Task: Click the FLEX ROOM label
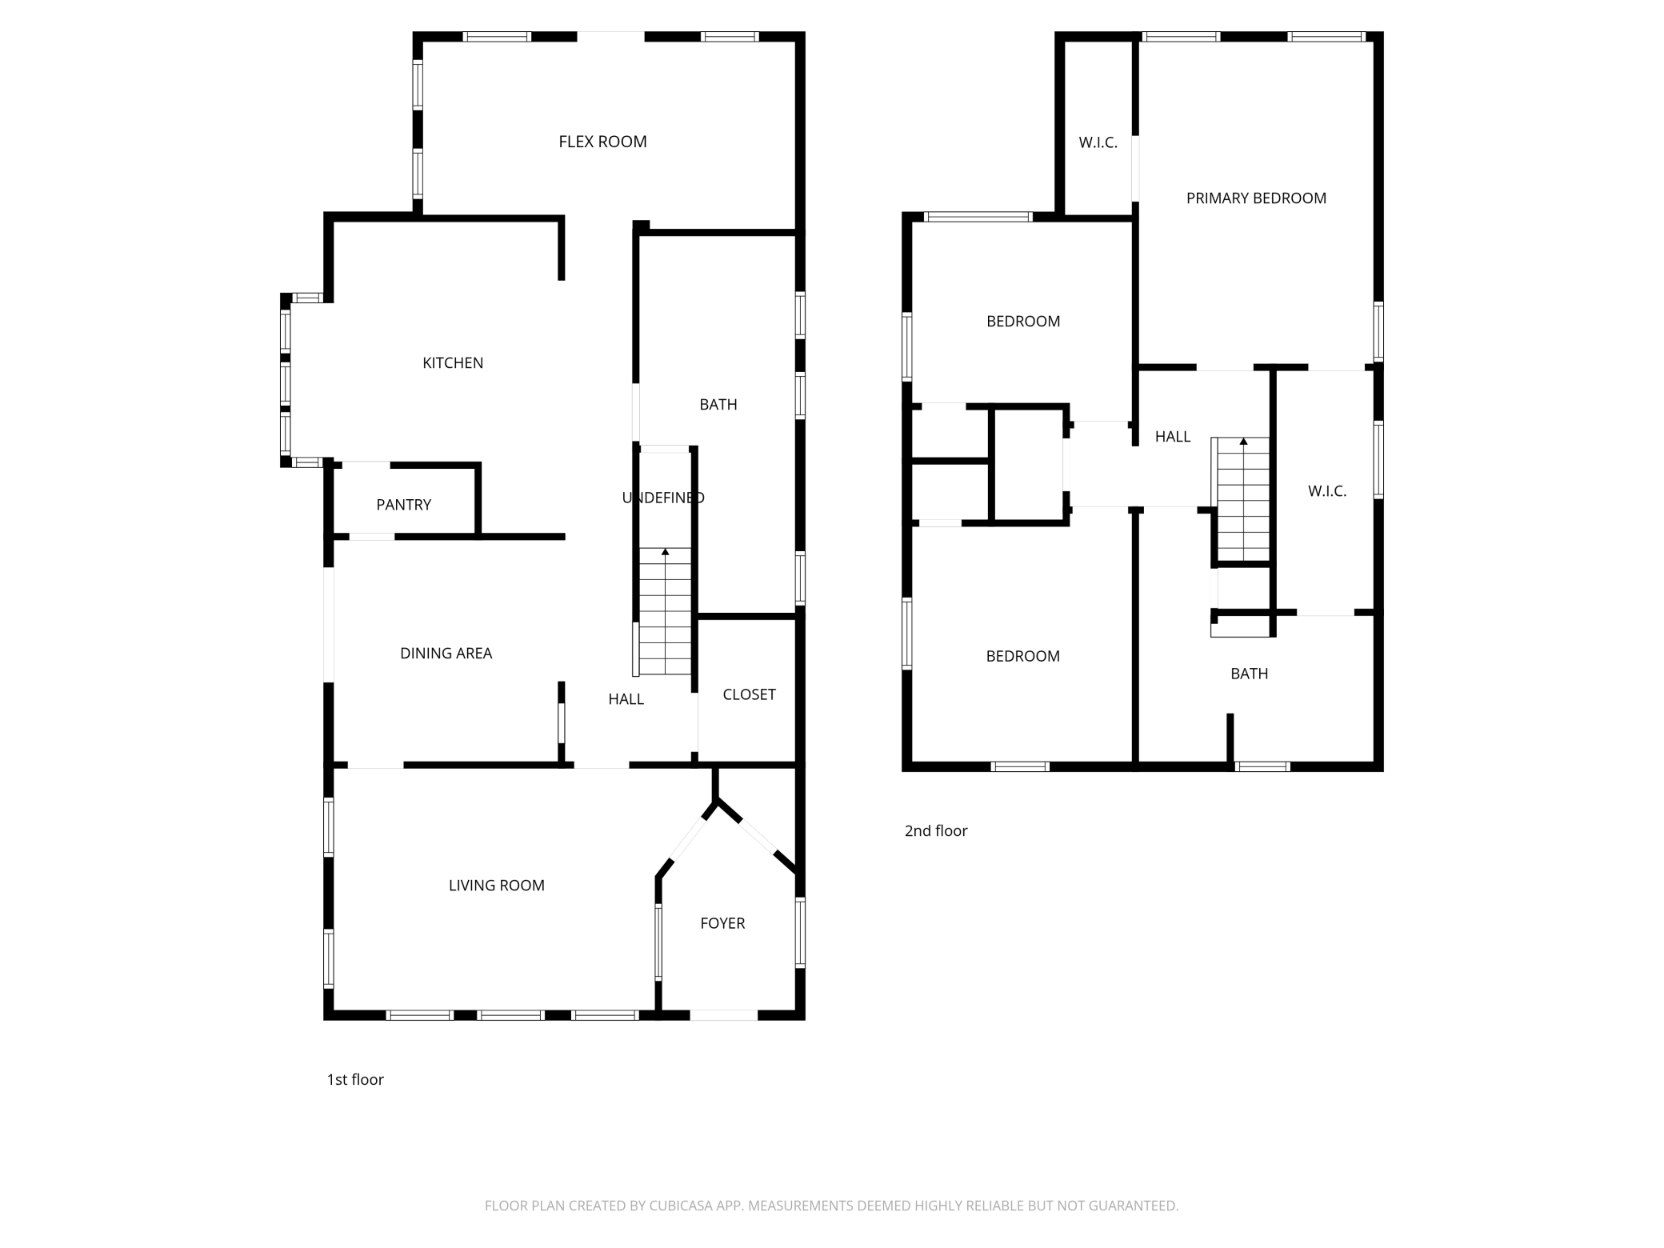[x=602, y=142]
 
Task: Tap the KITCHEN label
[x=453, y=363]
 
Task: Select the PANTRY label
[x=403, y=505]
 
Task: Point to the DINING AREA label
[x=446, y=654]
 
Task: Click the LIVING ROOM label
[x=496, y=886]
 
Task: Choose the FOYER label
[x=722, y=923]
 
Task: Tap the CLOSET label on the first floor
[x=749, y=694]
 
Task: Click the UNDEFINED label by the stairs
[x=663, y=498]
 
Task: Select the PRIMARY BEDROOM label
[x=1256, y=198]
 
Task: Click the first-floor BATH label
[x=718, y=405]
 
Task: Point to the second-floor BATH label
[x=1249, y=674]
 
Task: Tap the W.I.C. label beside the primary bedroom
[x=1098, y=143]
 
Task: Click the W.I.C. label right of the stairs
[x=1327, y=491]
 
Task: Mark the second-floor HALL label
[x=1173, y=437]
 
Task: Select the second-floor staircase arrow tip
[x=1243, y=439]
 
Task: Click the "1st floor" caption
[x=355, y=1080]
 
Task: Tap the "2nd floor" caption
[x=936, y=831]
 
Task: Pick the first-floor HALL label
[x=626, y=699]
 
